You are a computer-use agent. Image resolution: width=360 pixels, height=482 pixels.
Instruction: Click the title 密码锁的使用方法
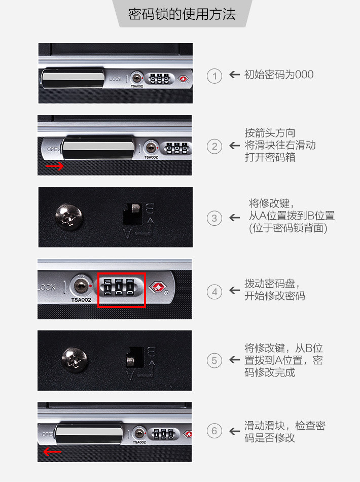[x=182, y=14]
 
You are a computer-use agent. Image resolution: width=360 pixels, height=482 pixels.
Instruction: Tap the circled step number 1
[x=214, y=76]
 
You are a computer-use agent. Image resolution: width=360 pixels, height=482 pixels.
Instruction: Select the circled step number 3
[x=214, y=218]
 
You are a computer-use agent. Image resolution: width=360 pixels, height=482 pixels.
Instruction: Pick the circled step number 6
[x=214, y=431]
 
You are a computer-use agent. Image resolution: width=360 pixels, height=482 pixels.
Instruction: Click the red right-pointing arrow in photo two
[x=55, y=166]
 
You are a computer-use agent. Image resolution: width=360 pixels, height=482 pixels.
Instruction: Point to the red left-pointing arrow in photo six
[x=52, y=452]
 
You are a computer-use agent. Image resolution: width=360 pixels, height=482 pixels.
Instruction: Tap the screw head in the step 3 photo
[x=69, y=217]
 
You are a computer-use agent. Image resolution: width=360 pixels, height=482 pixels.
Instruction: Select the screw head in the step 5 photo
[x=75, y=360]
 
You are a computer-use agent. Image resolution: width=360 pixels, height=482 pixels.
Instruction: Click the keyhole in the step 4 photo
[x=81, y=286]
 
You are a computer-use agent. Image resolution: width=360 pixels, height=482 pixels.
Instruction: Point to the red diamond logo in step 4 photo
[x=158, y=287]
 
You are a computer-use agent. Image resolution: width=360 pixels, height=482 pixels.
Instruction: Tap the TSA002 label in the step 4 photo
[x=81, y=300]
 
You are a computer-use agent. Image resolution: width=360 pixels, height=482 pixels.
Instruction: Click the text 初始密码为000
[x=279, y=75]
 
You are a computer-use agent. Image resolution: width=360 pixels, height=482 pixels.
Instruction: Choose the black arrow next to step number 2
[x=234, y=146]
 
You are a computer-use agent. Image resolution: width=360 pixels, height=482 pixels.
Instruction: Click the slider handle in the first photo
[x=73, y=78]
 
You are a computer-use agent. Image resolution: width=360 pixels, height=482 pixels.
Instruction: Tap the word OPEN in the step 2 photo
[x=54, y=149]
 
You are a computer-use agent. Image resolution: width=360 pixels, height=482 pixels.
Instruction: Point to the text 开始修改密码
[x=275, y=296]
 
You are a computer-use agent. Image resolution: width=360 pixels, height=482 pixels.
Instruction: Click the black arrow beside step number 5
[x=234, y=360]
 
